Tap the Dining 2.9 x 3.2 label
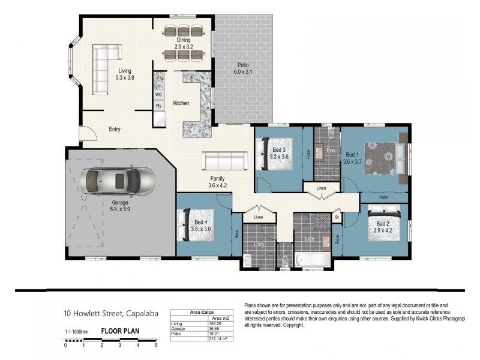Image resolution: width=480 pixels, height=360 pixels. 183,43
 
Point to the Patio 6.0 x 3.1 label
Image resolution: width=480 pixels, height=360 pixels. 243,68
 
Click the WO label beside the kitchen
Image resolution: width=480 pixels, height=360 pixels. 158,95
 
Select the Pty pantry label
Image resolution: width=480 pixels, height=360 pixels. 158,106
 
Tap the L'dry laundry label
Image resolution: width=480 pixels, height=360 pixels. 259,245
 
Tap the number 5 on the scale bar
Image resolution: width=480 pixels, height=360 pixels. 156,346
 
